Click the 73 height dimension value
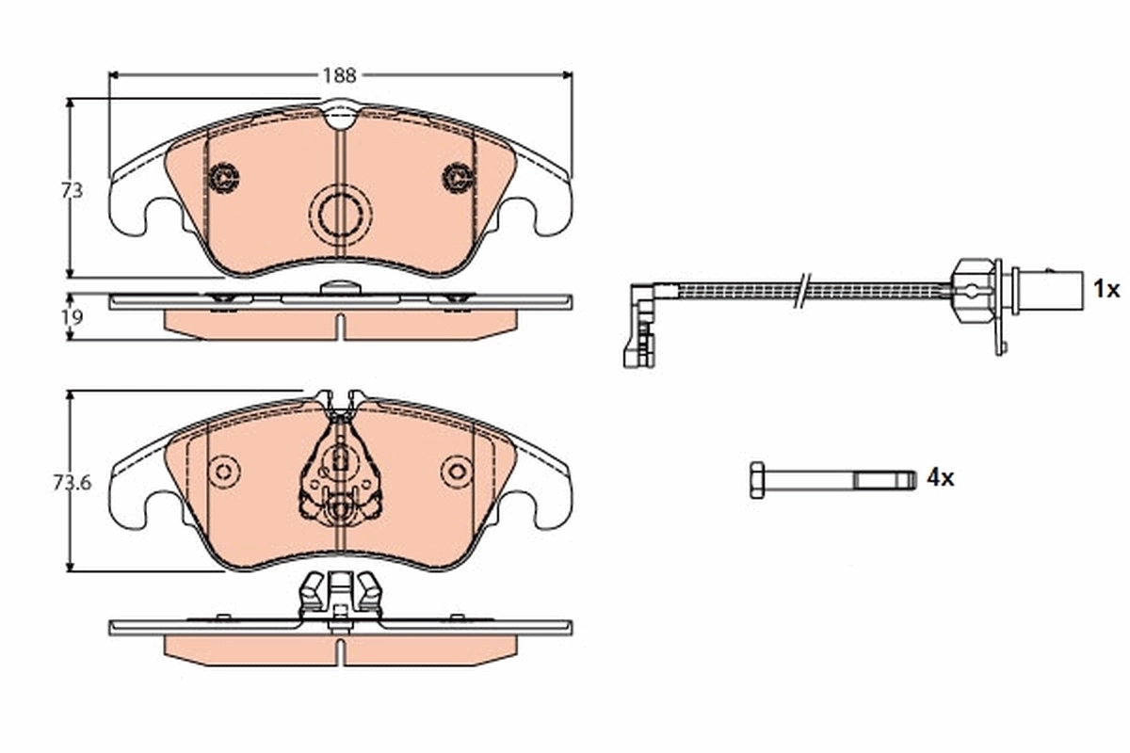pos(73,190)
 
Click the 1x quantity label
pos(1106,289)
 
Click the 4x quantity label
pos(940,478)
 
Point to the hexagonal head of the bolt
pos(758,479)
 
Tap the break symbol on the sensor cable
pos(801,290)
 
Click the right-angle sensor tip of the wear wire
pos(639,325)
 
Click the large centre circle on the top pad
pos(340,215)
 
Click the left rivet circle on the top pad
pos(224,176)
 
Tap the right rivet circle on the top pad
pos(458,176)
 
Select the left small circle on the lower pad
pos(224,471)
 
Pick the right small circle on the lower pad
pos(458,471)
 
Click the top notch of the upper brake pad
pos(340,118)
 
